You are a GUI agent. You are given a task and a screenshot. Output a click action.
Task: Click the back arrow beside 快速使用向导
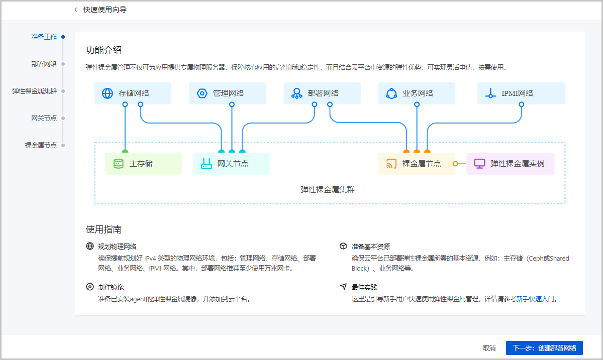pyautogui.click(x=76, y=10)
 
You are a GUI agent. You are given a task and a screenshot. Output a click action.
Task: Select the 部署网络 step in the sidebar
pyautogui.click(x=44, y=64)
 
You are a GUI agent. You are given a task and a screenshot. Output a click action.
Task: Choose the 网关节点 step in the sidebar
pyautogui.click(x=44, y=118)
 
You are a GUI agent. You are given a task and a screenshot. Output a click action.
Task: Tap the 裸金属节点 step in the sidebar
pyautogui.click(x=41, y=145)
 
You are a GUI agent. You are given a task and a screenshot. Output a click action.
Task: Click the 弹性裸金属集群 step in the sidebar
pyautogui.click(x=35, y=91)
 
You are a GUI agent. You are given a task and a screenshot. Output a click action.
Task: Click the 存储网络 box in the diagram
pyautogui.click(x=133, y=93)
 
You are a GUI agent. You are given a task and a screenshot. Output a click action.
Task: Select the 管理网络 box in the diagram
pyautogui.click(x=227, y=93)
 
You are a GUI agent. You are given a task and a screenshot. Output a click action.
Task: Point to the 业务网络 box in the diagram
pyautogui.click(x=417, y=93)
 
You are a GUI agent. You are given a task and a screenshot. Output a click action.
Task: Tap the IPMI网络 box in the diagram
pyautogui.click(x=521, y=93)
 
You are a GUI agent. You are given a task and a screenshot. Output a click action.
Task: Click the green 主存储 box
pyautogui.click(x=144, y=164)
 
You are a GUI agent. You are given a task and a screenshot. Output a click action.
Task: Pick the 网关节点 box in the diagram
pyautogui.click(x=232, y=164)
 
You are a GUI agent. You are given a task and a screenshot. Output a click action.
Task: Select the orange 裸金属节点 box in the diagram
pyautogui.click(x=417, y=164)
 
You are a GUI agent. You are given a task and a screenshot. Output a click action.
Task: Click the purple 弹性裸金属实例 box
pyautogui.click(x=510, y=164)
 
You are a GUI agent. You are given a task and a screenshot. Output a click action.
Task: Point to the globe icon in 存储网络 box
pyautogui.click(x=108, y=93)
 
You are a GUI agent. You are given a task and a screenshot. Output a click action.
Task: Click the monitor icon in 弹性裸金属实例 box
pyautogui.click(x=479, y=164)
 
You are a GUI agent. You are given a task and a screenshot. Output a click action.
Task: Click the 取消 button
pyautogui.click(x=489, y=348)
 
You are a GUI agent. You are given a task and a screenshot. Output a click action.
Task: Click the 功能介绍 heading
pyautogui.click(x=104, y=50)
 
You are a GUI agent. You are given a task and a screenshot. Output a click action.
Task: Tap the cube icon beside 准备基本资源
pyautogui.click(x=343, y=247)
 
